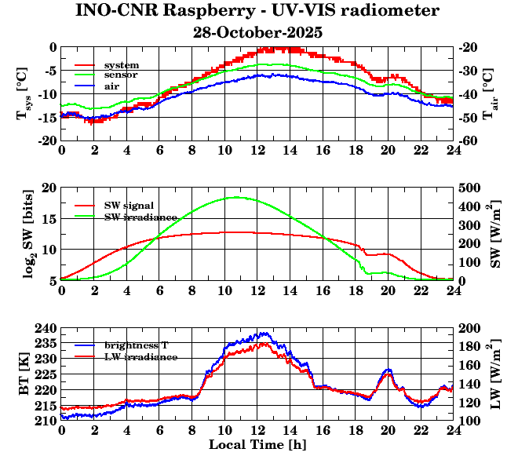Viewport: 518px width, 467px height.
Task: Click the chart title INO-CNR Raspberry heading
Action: [257, 11]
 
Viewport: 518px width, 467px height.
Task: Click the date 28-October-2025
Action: [257, 33]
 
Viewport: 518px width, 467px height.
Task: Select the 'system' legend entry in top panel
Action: [122, 64]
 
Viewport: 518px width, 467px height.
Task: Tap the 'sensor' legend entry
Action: [122, 75]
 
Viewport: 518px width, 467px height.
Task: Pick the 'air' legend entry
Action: [111, 86]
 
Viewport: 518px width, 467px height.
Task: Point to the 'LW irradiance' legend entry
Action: [137, 356]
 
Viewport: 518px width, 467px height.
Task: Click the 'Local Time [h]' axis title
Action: [257, 445]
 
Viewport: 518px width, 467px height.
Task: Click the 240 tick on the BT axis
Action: [48, 327]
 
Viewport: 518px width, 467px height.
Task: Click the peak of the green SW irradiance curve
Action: [236, 197]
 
